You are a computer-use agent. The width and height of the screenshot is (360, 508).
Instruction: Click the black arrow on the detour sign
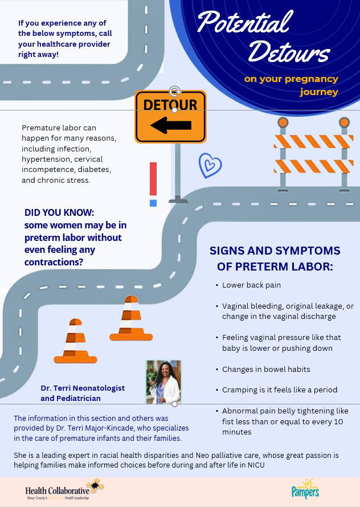click(x=171, y=125)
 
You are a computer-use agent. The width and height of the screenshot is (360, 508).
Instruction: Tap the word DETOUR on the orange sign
click(x=170, y=105)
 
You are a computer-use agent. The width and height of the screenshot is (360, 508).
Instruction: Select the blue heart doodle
click(x=210, y=165)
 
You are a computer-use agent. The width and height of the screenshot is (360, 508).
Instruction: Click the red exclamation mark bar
click(x=153, y=179)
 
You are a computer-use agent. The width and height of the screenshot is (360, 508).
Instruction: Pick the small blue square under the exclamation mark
click(x=153, y=203)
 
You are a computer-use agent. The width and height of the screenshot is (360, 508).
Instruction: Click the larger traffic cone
click(x=131, y=318)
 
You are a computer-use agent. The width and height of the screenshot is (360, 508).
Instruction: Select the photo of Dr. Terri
click(x=163, y=382)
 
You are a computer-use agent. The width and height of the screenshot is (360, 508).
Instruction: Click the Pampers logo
click(x=305, y=490)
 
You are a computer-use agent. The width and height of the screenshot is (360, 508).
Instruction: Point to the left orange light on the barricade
click(x=283, y=122)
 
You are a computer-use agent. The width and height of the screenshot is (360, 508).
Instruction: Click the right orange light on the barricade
click(x=344, y=122)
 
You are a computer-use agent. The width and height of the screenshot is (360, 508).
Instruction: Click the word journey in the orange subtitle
click(x=319, y=92)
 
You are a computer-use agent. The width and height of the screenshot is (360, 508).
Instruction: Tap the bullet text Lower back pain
click(x=251, y=285)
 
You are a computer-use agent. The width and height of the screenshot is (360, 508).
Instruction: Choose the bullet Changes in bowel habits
click(x=266, y=370)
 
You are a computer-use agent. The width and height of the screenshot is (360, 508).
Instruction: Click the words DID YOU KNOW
click(x=59, y=213)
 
